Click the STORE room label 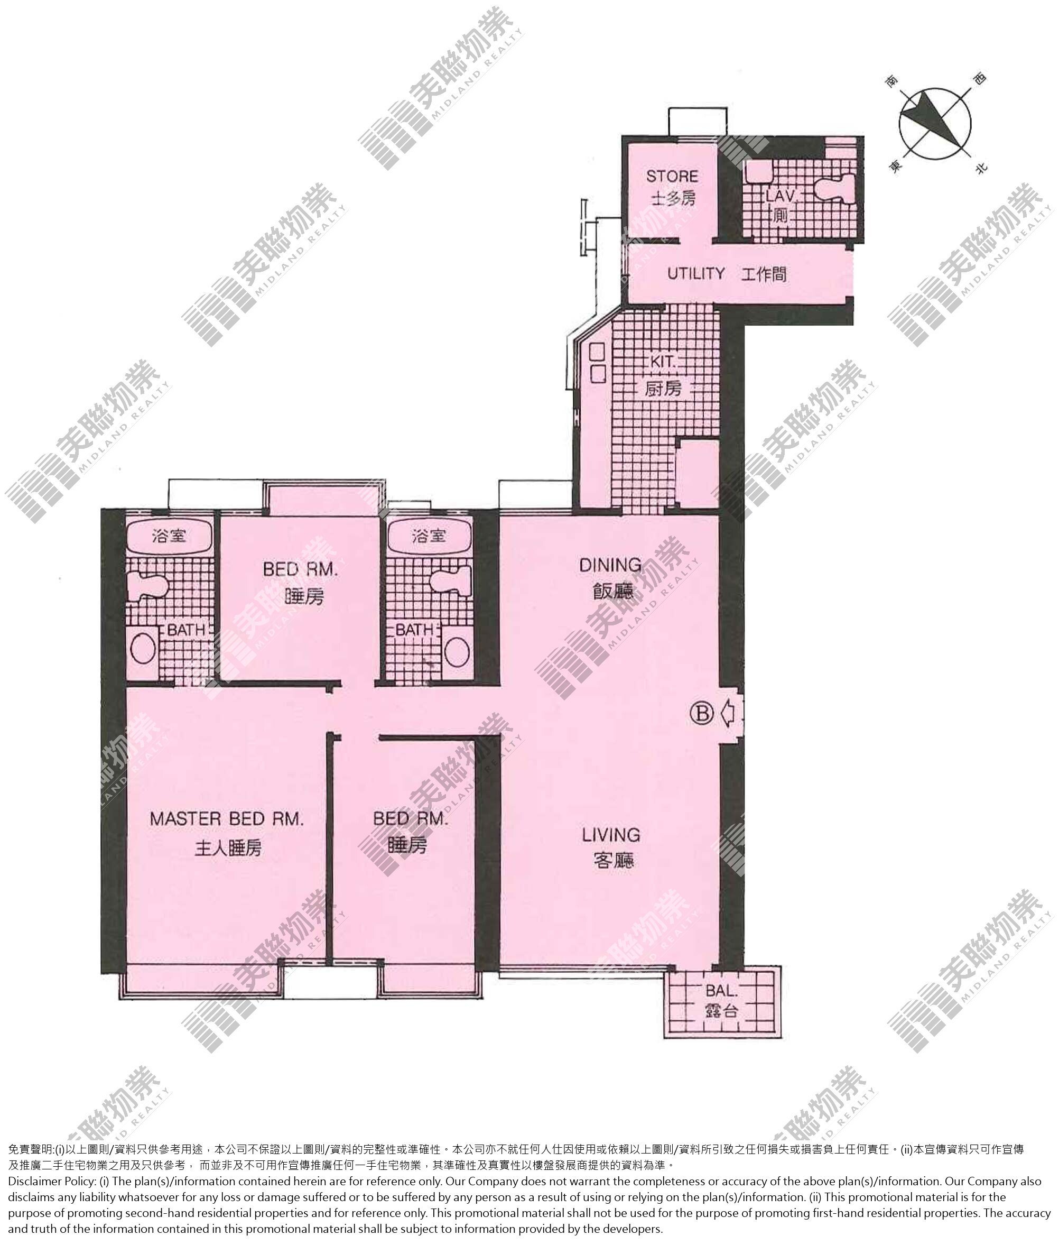click(672, 177)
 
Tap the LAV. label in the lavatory click(781, 196)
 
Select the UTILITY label click(696, 274)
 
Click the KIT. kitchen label click(663, 362)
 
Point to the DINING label click(610, 565)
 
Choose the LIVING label click(611, 835)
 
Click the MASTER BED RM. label click(227, 818)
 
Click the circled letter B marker click(701, 714)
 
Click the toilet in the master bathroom click(146, 586)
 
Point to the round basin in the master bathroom click(143, 649)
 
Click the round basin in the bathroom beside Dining click(457, 651)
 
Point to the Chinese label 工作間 click(764, 274)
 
